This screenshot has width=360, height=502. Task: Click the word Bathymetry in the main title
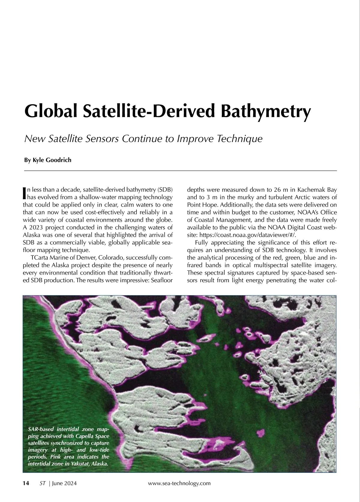(x=265, y=111)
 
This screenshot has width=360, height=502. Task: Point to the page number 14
(x=26, y=483)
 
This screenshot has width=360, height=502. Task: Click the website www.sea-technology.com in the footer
(x=179, y=483)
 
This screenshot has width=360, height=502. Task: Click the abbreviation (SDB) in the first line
(x=165, y=190)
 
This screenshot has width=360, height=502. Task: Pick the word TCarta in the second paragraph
(x=39, y=258)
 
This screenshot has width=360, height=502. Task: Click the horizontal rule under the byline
(x=180, y=171)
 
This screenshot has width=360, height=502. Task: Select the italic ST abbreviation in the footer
(x=42, y=483)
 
